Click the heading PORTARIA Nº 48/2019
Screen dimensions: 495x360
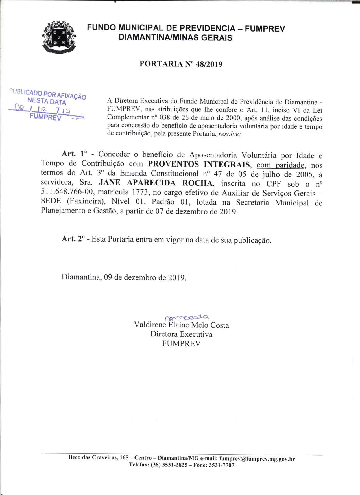(x=181, y=64)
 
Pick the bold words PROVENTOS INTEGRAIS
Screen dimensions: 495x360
(x=200, y=164)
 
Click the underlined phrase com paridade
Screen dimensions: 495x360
(x=282, y=165)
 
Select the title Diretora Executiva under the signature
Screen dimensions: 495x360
(x=181, y=334)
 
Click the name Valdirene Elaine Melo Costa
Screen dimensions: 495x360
(x=181, y=325)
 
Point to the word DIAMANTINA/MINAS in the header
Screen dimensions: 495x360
(x=157, y=38)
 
